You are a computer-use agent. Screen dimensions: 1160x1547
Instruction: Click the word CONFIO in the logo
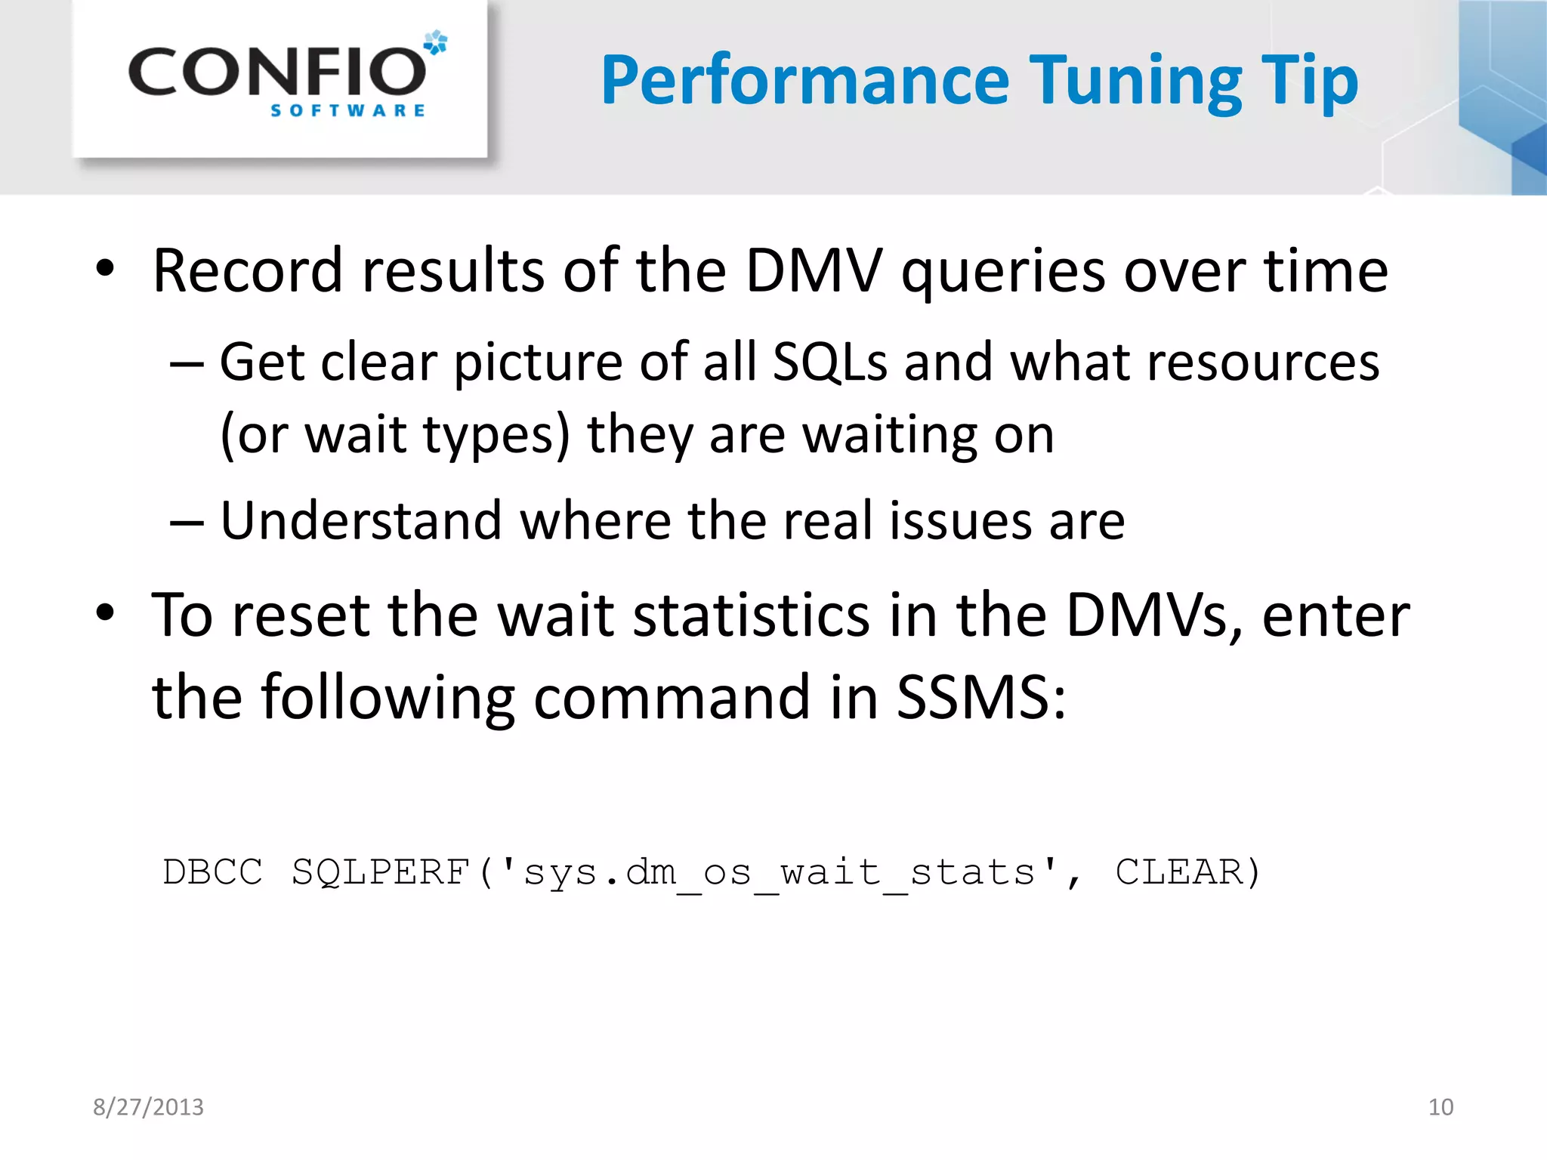277,72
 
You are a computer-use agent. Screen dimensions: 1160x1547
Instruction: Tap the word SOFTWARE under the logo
347,111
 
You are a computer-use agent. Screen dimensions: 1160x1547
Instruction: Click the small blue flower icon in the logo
436,42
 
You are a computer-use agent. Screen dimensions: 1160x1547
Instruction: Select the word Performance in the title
805,81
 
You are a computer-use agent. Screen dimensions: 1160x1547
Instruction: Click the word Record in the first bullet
248,270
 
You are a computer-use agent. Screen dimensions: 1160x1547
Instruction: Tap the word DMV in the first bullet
814,270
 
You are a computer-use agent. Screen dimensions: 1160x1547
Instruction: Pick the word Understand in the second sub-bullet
361,520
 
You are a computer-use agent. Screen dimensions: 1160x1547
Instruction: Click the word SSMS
980,696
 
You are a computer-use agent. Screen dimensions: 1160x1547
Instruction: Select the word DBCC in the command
213,872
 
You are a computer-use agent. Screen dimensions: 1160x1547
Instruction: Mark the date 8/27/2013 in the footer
148,1107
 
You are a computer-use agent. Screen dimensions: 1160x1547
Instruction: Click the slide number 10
1440,1107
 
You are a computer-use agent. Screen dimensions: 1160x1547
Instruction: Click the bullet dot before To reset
105,612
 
